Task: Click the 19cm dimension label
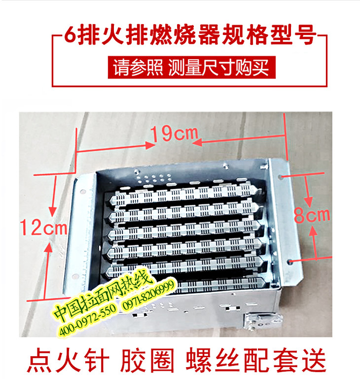point(174,134)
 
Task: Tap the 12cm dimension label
point(44,227)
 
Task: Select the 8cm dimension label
point(312,215)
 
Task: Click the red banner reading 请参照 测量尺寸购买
point(192,68)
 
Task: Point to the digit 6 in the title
point(71,36)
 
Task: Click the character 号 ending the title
point(305,35)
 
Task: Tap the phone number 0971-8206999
point(148,296)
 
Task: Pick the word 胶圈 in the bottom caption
point(147,361)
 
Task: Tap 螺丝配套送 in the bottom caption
point(255,361)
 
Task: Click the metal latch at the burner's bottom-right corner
point(263,321)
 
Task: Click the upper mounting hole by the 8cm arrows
point(280,177)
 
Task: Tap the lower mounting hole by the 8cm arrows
point(290,262)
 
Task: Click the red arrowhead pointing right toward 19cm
point(150,145)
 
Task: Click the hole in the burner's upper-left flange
point(83,192)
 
